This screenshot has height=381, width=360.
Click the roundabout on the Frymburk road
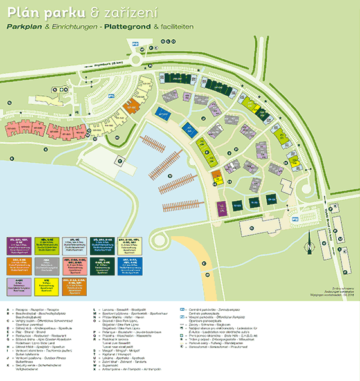pos(137,59)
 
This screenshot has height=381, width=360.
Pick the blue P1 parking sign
pos(111,96)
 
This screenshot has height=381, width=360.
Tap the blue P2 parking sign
pos(295,219)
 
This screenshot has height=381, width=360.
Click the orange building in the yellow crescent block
pos(216,174)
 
